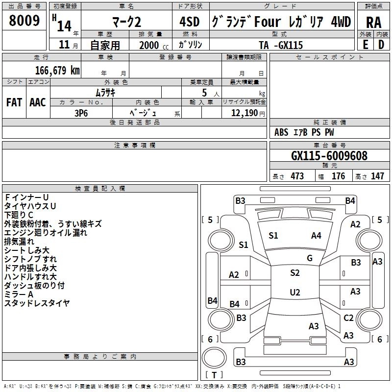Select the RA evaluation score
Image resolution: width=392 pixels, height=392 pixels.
click(x=373, y=22)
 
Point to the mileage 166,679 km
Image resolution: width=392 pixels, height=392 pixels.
click(x=57, y=70)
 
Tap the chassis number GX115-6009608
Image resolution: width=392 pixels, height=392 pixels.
click(x=329, y=156)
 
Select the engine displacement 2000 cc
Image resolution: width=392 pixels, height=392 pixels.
click(x=149, y=45)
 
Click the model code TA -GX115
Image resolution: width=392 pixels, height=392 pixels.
click(x=281, y=45)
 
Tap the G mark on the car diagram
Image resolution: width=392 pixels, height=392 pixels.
click(x=310, y=258)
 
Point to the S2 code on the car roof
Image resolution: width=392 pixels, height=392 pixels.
click(x=294, y=273)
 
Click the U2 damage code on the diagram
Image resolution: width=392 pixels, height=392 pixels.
click(x=294, y=293)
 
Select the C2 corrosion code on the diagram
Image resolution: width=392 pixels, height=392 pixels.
click(x=348, y=318)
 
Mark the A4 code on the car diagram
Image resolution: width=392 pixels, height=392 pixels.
click(x=316, y=236)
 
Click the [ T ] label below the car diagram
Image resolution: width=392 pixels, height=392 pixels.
click(x=215, y=375)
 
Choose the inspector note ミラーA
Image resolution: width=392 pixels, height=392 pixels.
click(x=19, y=294)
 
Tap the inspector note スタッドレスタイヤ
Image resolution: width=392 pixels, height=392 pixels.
click(x=37, y=303)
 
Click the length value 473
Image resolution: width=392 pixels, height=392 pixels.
click(x=297, y=176)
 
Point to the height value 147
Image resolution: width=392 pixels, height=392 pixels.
click(x=377, y=176)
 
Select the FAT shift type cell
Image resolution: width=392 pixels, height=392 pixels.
click(x=14, y=102)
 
